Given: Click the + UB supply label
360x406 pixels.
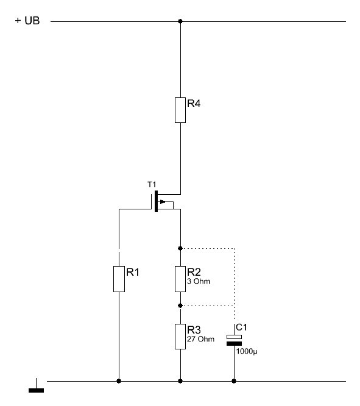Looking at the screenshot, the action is [27, 21].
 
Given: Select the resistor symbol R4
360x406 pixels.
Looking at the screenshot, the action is [180, 110].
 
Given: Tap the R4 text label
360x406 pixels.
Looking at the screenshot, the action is [194, 103].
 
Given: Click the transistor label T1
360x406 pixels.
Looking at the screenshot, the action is [152, 184].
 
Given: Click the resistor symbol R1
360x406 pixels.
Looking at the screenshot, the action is [119, 279].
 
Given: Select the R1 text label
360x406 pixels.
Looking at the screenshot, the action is [133, 272].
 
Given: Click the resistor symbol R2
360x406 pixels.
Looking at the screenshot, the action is [180, 279].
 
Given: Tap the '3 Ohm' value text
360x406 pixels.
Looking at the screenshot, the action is [199, 281].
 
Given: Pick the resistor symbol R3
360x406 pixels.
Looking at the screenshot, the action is [180, 337].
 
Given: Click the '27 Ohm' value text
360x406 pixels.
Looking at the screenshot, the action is [200, 339].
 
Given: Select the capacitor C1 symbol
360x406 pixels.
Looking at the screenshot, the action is [234, 340].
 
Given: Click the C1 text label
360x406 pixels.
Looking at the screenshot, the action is [241, 327].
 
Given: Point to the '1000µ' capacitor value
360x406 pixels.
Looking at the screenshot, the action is [247, 351].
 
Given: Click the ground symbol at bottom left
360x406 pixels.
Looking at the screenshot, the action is [36, 385].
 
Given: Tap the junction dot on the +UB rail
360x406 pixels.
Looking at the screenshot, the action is [180, 21].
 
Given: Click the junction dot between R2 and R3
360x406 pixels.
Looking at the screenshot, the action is [180, 306].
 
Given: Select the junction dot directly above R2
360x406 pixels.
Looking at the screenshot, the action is [180, 248].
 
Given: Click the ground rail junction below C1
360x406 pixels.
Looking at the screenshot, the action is [234, 381].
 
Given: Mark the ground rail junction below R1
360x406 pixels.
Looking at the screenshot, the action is [119, 381].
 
